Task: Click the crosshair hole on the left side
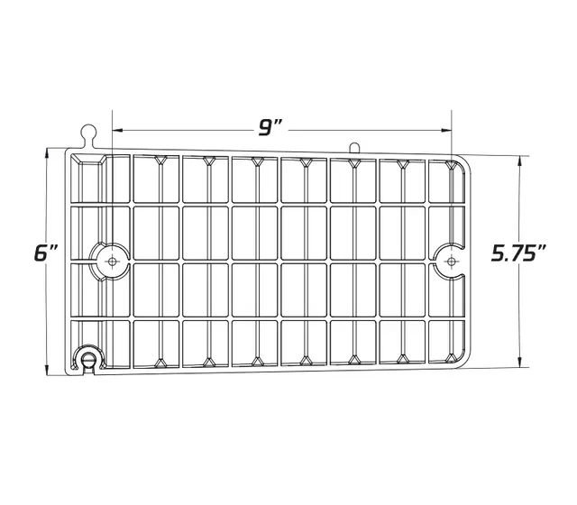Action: [112, 262]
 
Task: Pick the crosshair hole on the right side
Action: [451, 262]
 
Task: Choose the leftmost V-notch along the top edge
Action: [160, 161]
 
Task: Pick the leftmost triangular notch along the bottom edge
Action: [160, 363]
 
